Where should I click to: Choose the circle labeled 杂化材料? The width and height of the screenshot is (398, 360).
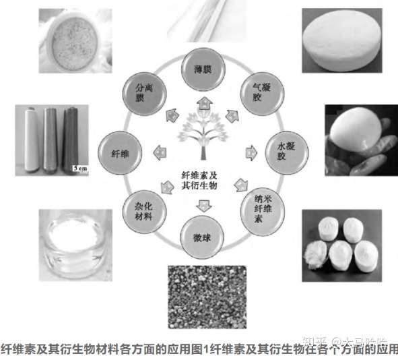click(x=143, y=213)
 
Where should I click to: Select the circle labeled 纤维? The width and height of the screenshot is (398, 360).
click(x=119, y=153)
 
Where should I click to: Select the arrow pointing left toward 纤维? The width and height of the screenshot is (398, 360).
click(x=160, y=152)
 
